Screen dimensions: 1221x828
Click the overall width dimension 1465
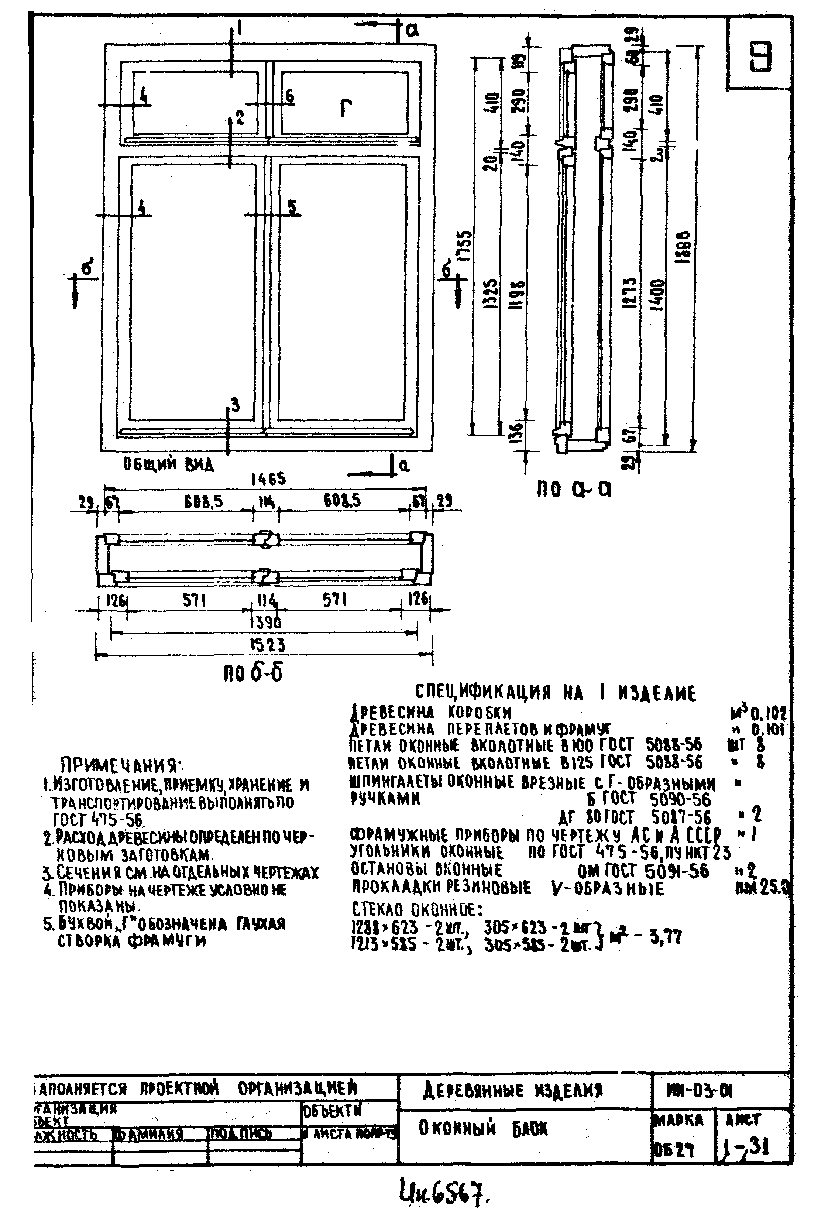click(x=268, y=479)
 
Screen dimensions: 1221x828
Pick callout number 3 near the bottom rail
click(x=235, y=405)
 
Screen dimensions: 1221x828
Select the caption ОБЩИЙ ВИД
click(x=169, y=464)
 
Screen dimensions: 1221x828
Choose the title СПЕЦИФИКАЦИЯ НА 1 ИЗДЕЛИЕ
click(x=555, y=693)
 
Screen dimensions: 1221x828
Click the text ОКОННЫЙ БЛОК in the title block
click(x=483, y=1129)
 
